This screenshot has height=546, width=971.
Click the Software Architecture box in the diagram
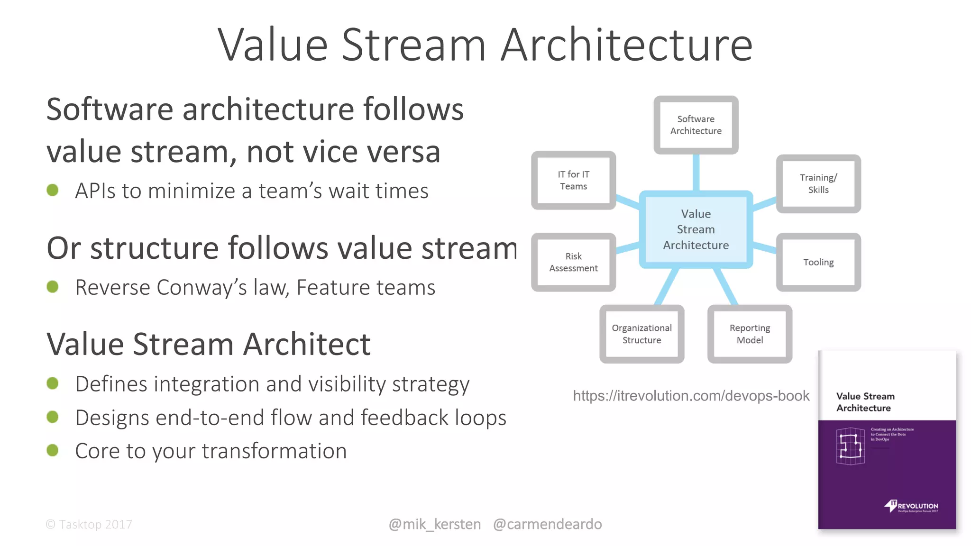(x=696, y=125)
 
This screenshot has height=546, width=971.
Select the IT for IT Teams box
(x=573, y=180)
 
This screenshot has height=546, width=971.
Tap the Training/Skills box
(x=818, y=183)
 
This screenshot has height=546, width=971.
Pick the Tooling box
(x=818, y=262)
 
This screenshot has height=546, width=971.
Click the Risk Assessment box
(x=573, y=262)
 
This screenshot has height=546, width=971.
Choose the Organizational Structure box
(x=641, y=334)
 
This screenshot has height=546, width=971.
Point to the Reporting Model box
(x=750, y=334)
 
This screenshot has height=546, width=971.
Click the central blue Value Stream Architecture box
(x=696, y=229)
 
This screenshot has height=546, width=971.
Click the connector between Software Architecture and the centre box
(x=696, y=172)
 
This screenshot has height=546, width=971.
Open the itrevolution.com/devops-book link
(x=691, y=396)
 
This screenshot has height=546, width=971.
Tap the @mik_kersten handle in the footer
(x=434, y=524)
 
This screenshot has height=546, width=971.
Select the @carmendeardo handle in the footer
(x=547, y=524)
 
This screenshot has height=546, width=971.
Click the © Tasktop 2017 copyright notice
(x=89, y=524)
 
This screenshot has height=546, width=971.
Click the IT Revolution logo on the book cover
(x=910, y=506)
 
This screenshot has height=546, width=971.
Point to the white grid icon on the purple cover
(x=850, y=446)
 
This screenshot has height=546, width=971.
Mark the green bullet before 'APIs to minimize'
(x=53, y=191)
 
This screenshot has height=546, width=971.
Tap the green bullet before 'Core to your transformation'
(x=53, y=450)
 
